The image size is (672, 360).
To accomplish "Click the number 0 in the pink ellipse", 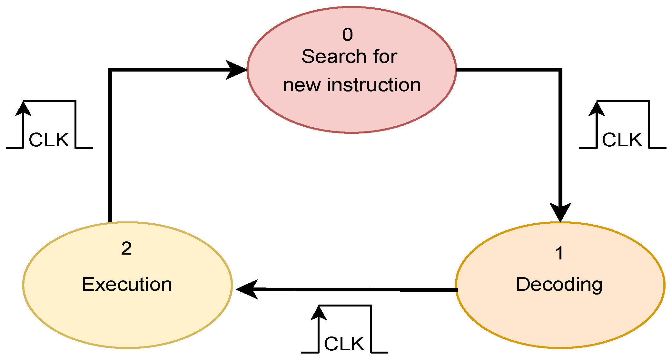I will pyautogui.click(x=347, y=34).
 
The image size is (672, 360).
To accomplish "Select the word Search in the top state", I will pyautogui.click(x=334, y=57).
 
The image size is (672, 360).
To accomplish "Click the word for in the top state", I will pyautogui.click(x=385, y=57).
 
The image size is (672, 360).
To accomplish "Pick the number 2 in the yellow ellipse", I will pyautogui.click(x=126, y=248).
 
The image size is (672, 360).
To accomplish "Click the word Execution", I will pyautogui.click(x=127, y=284).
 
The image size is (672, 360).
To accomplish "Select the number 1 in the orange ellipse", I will pyautogui.click(x=559, y=253).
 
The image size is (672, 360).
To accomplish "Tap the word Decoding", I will pyautogui.click(x=559, y=285).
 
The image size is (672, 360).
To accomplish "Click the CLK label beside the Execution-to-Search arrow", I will pyautogui.click(x=49, y=140).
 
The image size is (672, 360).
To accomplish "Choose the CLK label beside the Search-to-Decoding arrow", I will pyautogui.click(x=622, y=140).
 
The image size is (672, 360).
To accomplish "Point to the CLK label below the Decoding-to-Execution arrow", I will pyautogui.click(x=344, y=344).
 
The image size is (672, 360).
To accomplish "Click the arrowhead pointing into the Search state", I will pyautogui.click(x=237, y=70).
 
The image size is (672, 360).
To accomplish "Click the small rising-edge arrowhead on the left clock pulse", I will pyautogui.click(x=23, y=109).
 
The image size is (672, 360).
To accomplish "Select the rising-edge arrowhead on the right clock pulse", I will pyautogui.click(x=597, y=109).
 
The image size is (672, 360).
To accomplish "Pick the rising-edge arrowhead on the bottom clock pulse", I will pyautogui.click(x=319, y=313).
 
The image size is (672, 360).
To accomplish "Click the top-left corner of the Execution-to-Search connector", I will pyautogui.click(x=110, y=70).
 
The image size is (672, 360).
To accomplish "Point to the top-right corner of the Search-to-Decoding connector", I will pyautogui.click(x=560, y=70).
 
